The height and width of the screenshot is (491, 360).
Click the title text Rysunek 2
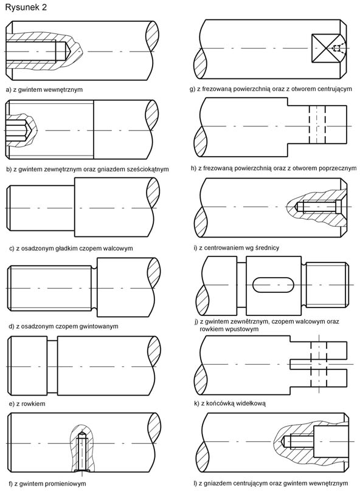tap(26, 7)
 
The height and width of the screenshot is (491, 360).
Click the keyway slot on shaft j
tap(274, 284)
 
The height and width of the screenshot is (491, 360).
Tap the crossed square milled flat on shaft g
tap(326, 48)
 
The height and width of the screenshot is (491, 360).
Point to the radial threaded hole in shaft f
tap(81, 452)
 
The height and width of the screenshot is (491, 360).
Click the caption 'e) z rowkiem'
tap(27, 404)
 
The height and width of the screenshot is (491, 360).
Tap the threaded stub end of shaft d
tap(50, 288)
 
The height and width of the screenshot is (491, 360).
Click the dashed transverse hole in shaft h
tap(317, 125)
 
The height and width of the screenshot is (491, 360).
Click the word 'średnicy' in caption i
tap(267, 248)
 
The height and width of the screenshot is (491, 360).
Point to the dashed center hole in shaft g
tap(337, 48)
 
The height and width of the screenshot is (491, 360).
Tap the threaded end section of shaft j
tap(326, 284)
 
